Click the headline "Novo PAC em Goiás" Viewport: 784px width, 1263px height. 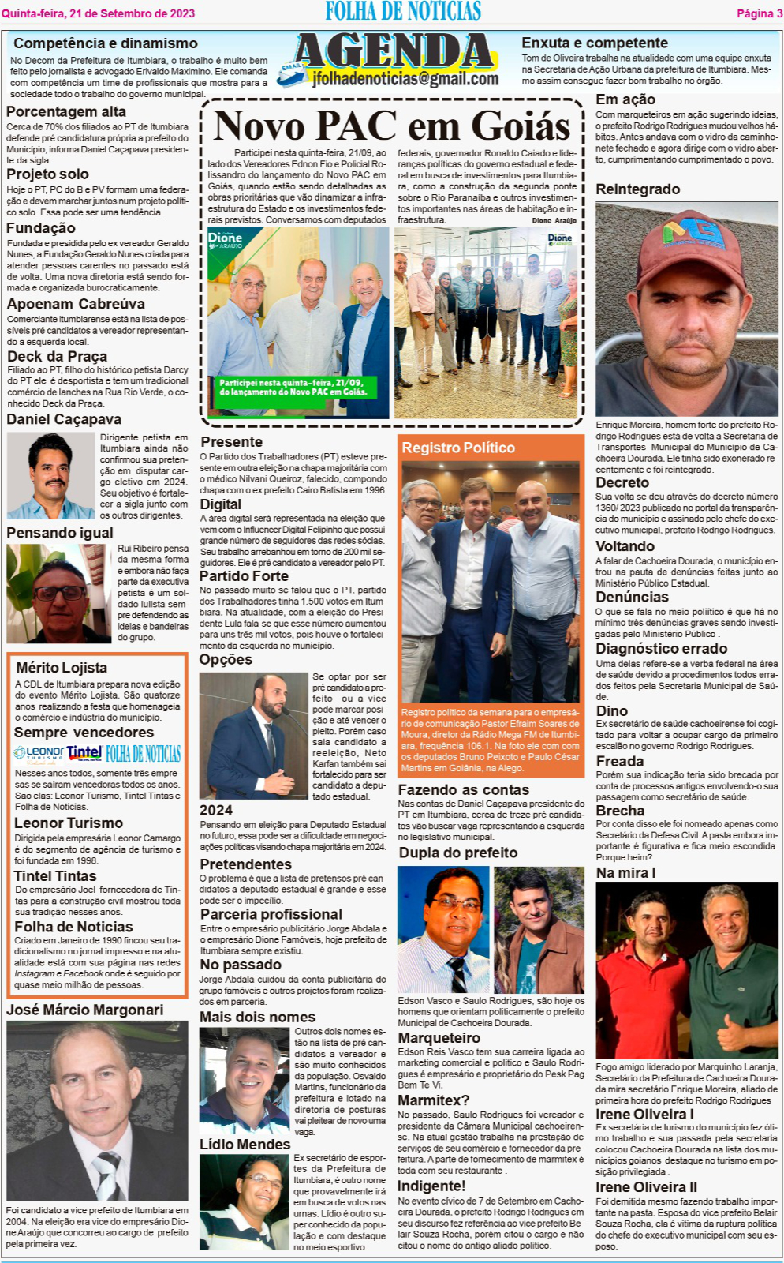click(x=391, y=126)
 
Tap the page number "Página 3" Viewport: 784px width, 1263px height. click(x=759, y=13)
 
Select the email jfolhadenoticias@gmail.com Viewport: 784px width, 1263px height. click(x=405, y=79)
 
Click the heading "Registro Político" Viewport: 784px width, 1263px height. click(x=457, y=448)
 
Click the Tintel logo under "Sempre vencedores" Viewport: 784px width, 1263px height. click(x=84, y=753)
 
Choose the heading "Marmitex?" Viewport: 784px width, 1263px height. click(x=433, y=1100)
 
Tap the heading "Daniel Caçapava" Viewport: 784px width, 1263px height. click(x=64, y=419)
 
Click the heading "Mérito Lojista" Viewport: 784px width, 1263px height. click(x=62, y=668)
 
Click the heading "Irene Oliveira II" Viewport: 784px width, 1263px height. click(x=646, y=1187)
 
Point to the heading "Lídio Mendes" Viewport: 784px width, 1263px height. click(x=245, y=1145)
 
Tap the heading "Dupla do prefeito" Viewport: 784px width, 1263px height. click(x=457, y=853)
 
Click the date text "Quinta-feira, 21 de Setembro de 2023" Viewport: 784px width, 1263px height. click(x=98, y=13)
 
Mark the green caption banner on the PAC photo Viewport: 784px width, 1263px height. click(x=293, y=387)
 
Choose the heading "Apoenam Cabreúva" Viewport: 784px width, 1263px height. click(x=76, y=304)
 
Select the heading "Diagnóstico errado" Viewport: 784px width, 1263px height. click(x=661, y=649)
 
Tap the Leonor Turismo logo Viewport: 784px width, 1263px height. click(x=39, y=754)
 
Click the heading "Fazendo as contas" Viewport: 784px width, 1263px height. click(x=463, y=790)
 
